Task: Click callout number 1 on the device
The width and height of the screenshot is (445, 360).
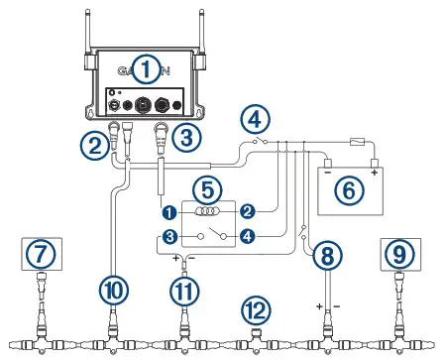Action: pos(147,69)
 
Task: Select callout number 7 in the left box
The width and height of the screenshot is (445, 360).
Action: pos(39,255)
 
